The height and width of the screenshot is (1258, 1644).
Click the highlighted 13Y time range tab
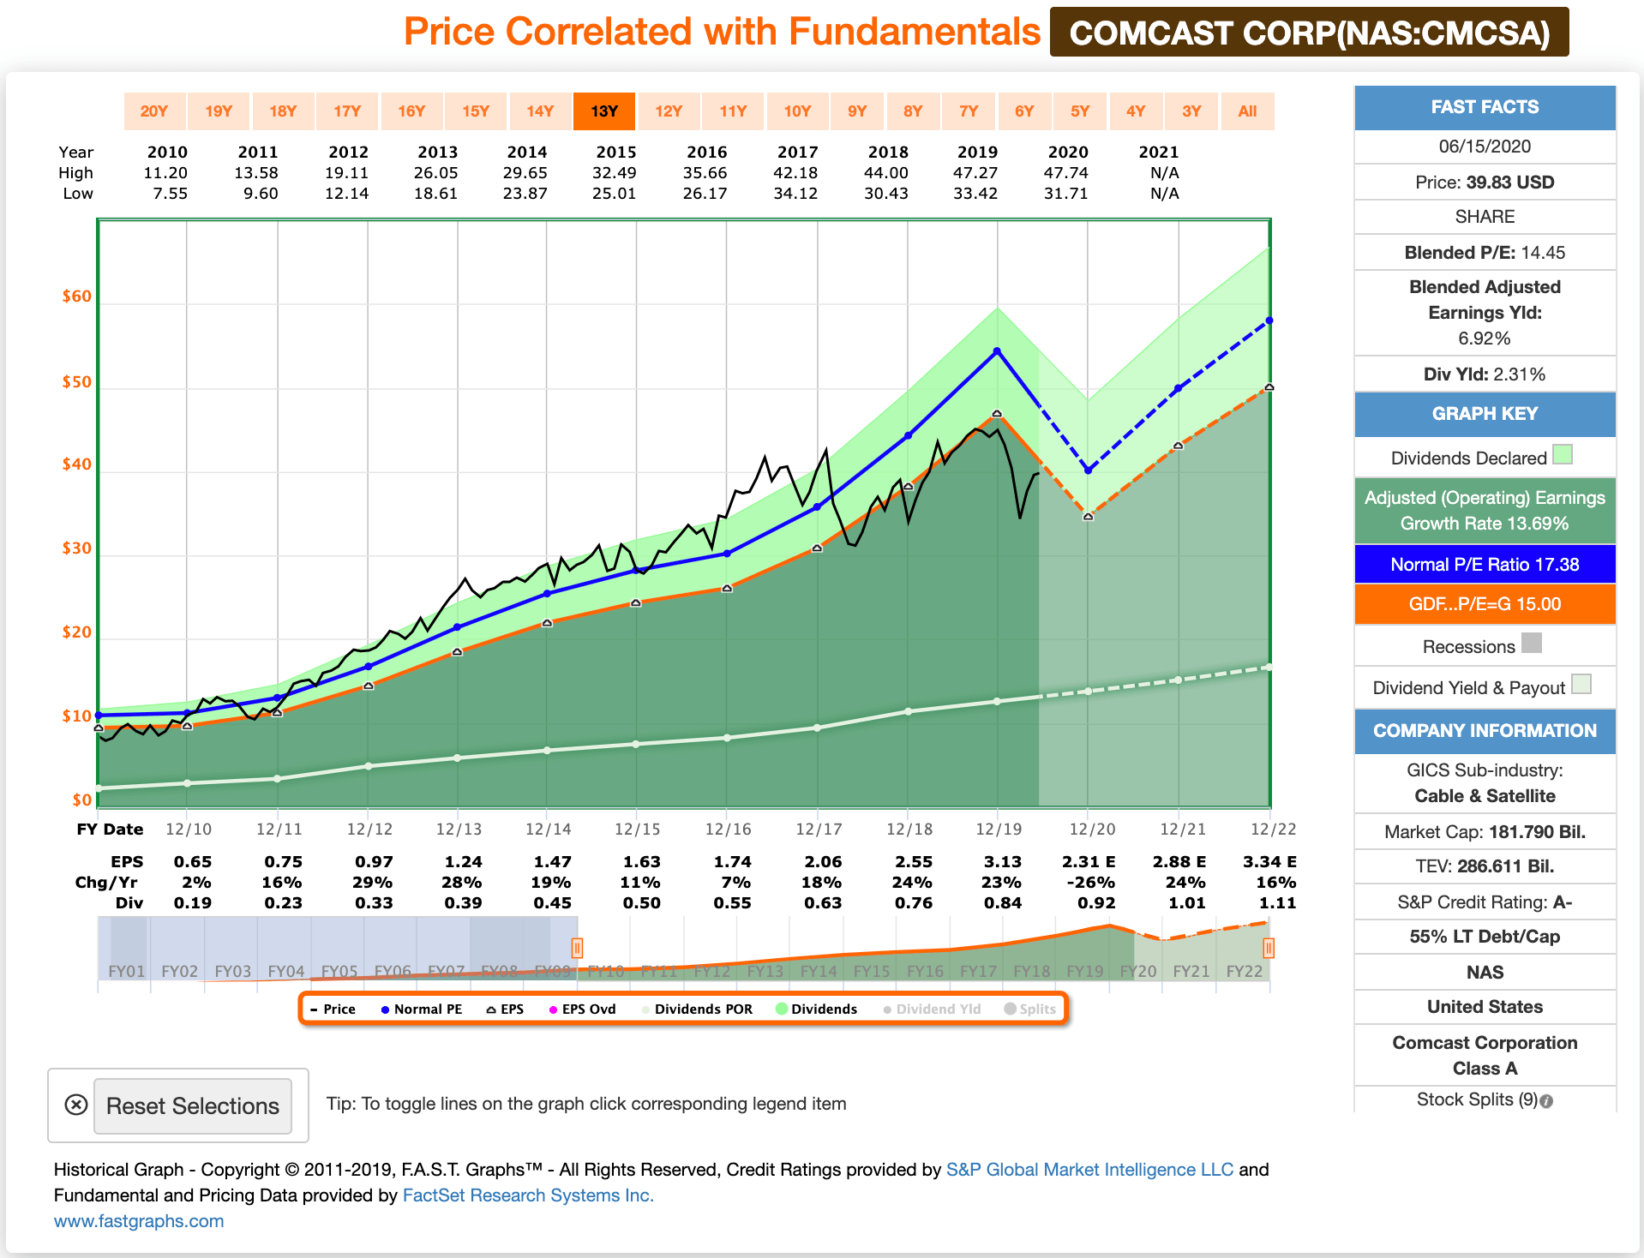(603, 111)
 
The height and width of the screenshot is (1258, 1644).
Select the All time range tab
(1247, 111)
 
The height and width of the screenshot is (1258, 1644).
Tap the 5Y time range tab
(1079, 111)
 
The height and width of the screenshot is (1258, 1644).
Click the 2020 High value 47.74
(1065, 172)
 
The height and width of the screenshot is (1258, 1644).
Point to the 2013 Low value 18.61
(435, 193)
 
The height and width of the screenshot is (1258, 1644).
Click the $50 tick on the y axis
(76, 382)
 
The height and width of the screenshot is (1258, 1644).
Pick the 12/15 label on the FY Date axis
(637, 829)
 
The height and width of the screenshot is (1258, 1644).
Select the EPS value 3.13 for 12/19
(1002, 861)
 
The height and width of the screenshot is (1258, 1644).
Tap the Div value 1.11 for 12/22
(1276, 902)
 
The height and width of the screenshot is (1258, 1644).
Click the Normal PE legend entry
(422, 1009)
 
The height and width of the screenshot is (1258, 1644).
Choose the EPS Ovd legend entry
(583, 1009)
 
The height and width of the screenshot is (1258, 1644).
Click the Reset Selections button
(192, 1105)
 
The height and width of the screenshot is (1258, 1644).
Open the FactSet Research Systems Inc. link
(528, 1195)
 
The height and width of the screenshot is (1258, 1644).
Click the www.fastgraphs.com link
(139, 1220)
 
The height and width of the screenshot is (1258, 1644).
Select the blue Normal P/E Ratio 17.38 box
(1485, 564)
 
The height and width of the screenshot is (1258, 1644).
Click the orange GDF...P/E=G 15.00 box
(1485, 603)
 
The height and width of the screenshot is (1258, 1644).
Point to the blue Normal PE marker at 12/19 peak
(997, 351)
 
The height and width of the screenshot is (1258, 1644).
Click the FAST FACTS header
(1485, 107)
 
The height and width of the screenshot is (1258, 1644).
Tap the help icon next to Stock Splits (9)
(1546, 1101)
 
